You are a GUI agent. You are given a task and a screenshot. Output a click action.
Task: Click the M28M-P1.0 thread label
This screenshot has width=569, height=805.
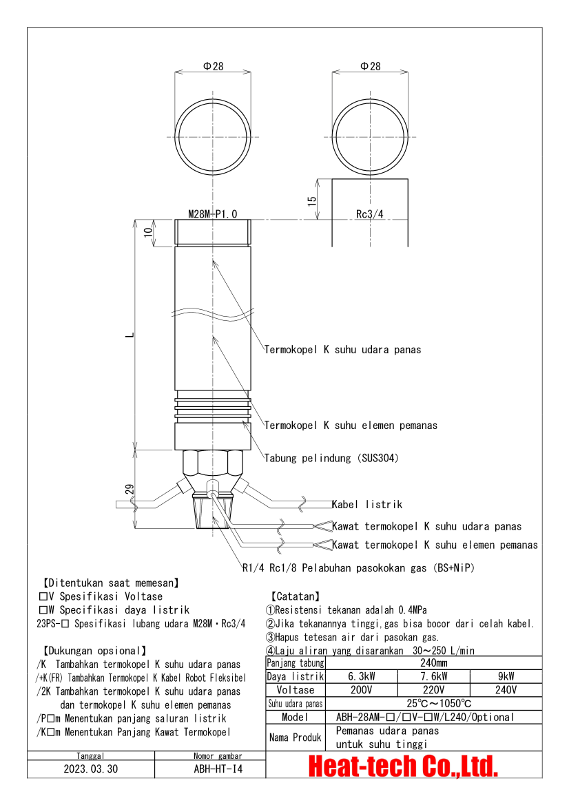point(212,214)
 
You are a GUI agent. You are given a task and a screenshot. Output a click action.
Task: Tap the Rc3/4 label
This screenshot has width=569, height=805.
point(369,214)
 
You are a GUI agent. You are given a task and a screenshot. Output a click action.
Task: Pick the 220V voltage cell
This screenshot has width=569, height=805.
point(434,690)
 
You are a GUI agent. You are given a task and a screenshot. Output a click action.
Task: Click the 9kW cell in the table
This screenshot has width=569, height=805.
point(505,676)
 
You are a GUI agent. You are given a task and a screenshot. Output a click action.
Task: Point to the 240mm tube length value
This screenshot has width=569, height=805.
point(434,662)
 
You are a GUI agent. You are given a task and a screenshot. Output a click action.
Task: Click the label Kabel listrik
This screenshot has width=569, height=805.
point(367,505)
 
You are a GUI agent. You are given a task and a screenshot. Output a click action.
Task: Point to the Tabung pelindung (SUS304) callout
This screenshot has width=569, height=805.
point(331,458)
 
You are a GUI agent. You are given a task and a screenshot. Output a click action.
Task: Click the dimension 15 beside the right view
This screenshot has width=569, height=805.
point(312,200)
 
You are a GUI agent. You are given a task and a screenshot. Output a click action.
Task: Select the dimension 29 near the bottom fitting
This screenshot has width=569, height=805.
point(129,490)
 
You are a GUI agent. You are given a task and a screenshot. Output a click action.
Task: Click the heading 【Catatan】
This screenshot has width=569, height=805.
point(294,596)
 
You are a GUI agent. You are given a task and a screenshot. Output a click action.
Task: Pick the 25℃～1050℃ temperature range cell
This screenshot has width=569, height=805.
point(434,704)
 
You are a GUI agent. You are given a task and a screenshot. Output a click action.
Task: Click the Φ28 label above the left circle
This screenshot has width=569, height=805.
point(213,66)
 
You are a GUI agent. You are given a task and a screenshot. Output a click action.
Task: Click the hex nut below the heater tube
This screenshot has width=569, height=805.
point(212,463)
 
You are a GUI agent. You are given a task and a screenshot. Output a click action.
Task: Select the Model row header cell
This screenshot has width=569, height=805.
point(295,718)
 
